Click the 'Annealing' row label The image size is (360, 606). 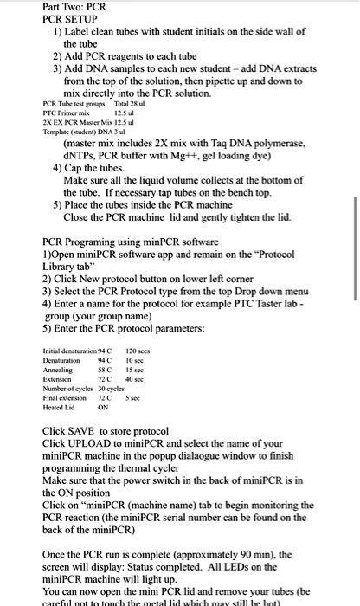coord(58,370)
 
